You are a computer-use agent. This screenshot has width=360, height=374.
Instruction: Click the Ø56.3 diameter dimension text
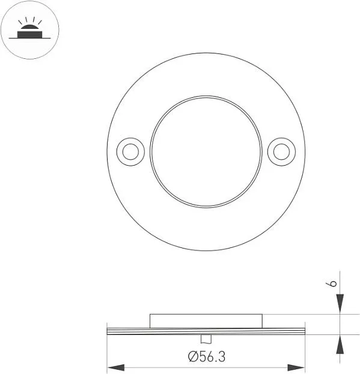pos(207,357)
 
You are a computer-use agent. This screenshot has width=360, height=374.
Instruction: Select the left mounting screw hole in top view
pos(130,152)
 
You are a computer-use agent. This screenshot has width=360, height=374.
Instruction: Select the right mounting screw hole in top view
pos(281,152)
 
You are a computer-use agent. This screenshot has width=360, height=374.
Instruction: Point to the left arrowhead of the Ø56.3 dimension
pos(116,367)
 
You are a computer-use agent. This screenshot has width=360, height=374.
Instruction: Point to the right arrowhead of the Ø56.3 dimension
pos(296,367)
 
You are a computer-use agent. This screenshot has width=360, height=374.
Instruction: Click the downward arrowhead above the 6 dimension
pos(340,303)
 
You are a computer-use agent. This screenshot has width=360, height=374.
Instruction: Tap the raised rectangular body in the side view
pos(206,321)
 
